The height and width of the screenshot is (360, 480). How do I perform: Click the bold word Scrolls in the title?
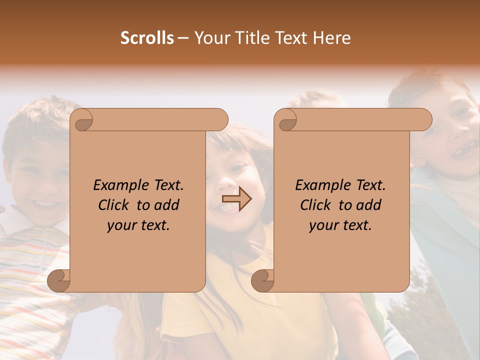147,38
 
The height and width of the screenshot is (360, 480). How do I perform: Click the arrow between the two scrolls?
236,199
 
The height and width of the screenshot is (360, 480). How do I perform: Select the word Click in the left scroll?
114,205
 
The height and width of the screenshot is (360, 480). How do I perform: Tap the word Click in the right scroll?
316,205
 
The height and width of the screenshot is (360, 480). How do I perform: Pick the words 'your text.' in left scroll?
138,225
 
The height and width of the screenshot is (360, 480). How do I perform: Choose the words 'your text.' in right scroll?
340,225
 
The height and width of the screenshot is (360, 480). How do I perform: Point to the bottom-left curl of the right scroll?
263,280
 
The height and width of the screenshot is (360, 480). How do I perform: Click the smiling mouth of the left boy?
44,204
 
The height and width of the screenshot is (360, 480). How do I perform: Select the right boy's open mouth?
465,148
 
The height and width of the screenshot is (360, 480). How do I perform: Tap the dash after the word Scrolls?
183,38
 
